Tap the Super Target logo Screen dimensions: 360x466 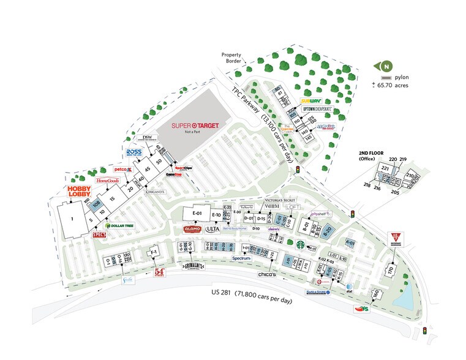[x=194, y=126]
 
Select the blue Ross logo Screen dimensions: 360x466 [x=133, y=152]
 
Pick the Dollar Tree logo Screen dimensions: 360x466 [x=121, y=226]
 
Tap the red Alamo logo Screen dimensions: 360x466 [x=193, y=229]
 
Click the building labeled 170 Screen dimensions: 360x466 [x=389, y=270]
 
